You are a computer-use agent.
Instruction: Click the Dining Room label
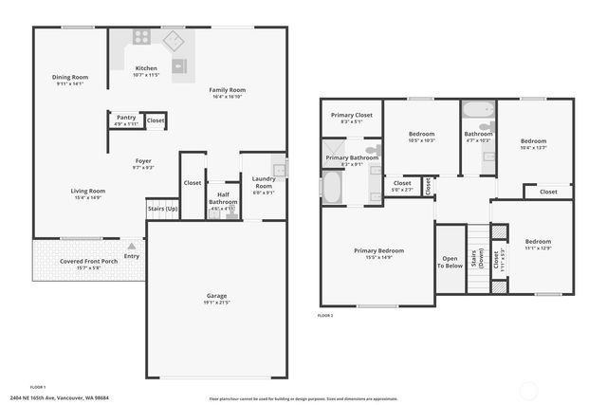[70, 77]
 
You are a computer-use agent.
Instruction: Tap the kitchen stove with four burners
[141, 37]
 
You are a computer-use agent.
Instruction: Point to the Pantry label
[126, 118]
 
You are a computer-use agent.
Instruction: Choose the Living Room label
[87, 191]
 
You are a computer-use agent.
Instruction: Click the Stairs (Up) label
[162, 208]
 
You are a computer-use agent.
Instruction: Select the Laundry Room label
[263, 182]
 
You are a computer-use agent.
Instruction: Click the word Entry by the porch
[131, 256]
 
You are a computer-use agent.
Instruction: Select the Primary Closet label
[351, 115]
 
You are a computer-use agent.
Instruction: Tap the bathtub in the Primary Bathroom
[331, 188]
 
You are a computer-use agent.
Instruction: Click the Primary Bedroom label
[378, 250]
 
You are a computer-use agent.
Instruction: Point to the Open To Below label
[450, 263]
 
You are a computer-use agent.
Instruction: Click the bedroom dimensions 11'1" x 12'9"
[539, 249]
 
